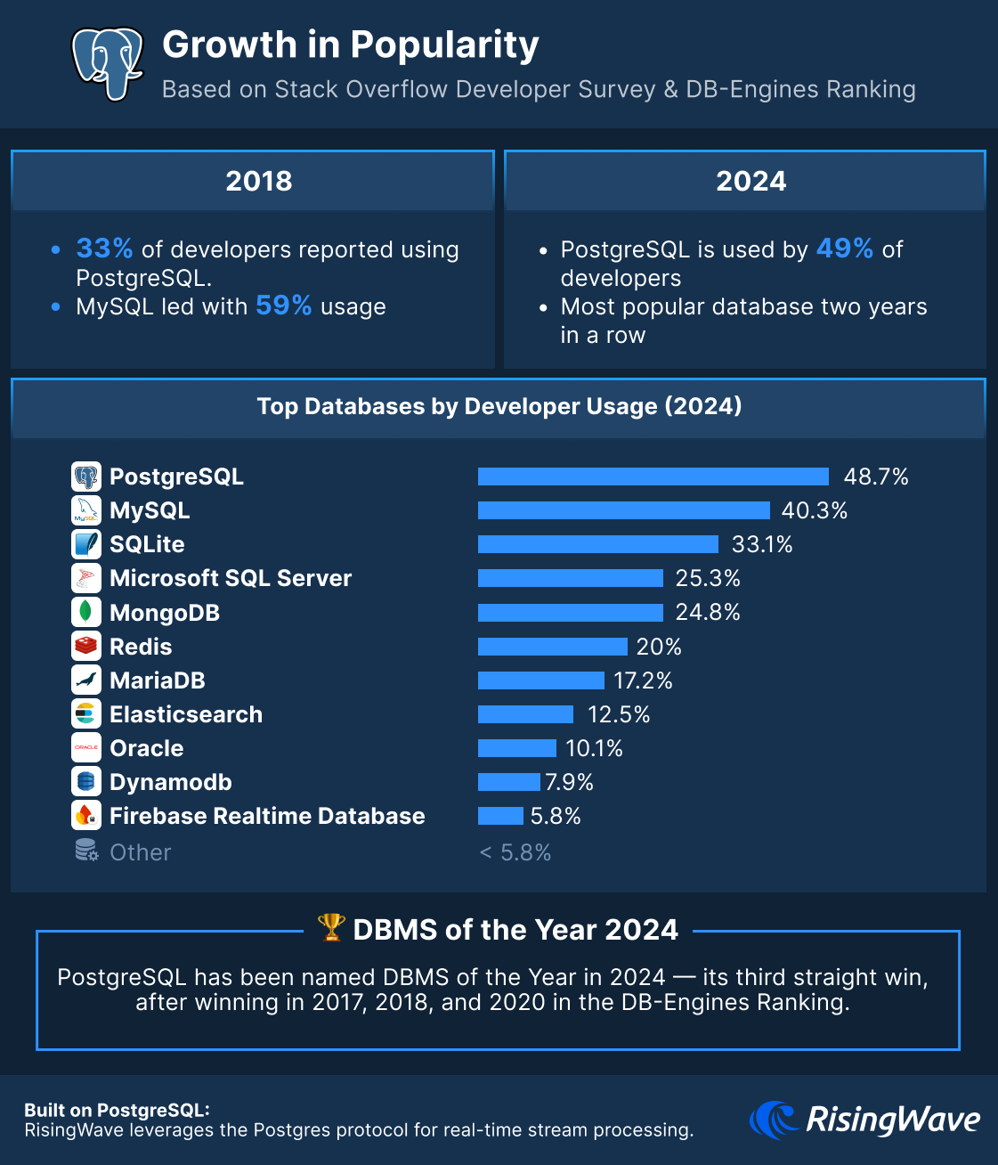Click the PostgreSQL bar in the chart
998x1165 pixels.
653,477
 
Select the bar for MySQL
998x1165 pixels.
623,510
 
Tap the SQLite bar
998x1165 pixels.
597,544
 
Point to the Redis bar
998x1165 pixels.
552,647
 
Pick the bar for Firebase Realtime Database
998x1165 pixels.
500,816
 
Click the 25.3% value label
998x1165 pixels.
708,578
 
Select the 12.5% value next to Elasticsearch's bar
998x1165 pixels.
619,714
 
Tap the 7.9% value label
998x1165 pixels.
569,782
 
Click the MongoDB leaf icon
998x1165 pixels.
86,612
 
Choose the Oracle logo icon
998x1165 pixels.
86,747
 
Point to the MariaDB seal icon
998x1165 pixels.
86,680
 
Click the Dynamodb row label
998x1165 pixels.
170,782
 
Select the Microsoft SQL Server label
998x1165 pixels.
231,578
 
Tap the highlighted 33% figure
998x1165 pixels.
104,248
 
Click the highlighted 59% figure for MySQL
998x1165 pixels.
283,306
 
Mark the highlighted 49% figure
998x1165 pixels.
844,248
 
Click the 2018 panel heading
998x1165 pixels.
258,181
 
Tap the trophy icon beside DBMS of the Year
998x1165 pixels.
331,927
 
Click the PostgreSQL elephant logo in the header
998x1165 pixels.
108,61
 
